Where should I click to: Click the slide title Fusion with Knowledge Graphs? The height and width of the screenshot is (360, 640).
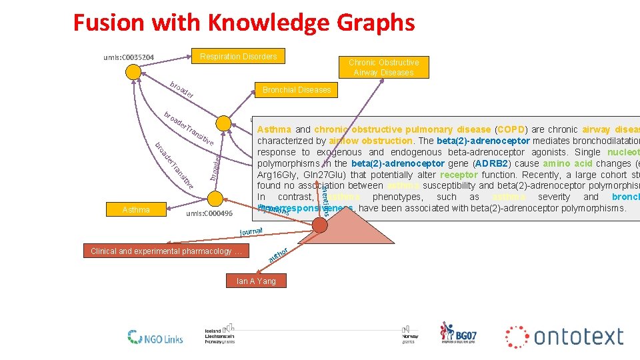click(x=243, y=23)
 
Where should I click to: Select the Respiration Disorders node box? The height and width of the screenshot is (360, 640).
click(x=238, y=57)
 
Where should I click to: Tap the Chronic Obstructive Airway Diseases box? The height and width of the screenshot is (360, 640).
click(x=383, y=67)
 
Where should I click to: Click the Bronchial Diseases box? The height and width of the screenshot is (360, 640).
click(x=297, y=90)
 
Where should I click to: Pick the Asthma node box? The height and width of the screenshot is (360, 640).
click(x=136, y=210)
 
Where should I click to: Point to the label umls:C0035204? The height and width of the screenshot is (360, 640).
click(x=129, y=58)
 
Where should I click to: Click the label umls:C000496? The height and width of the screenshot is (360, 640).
click(x=209, y=214)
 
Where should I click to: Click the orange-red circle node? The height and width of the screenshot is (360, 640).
click(x=320, y=225)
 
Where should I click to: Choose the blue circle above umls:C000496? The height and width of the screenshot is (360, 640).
click(x=214, y=198)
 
